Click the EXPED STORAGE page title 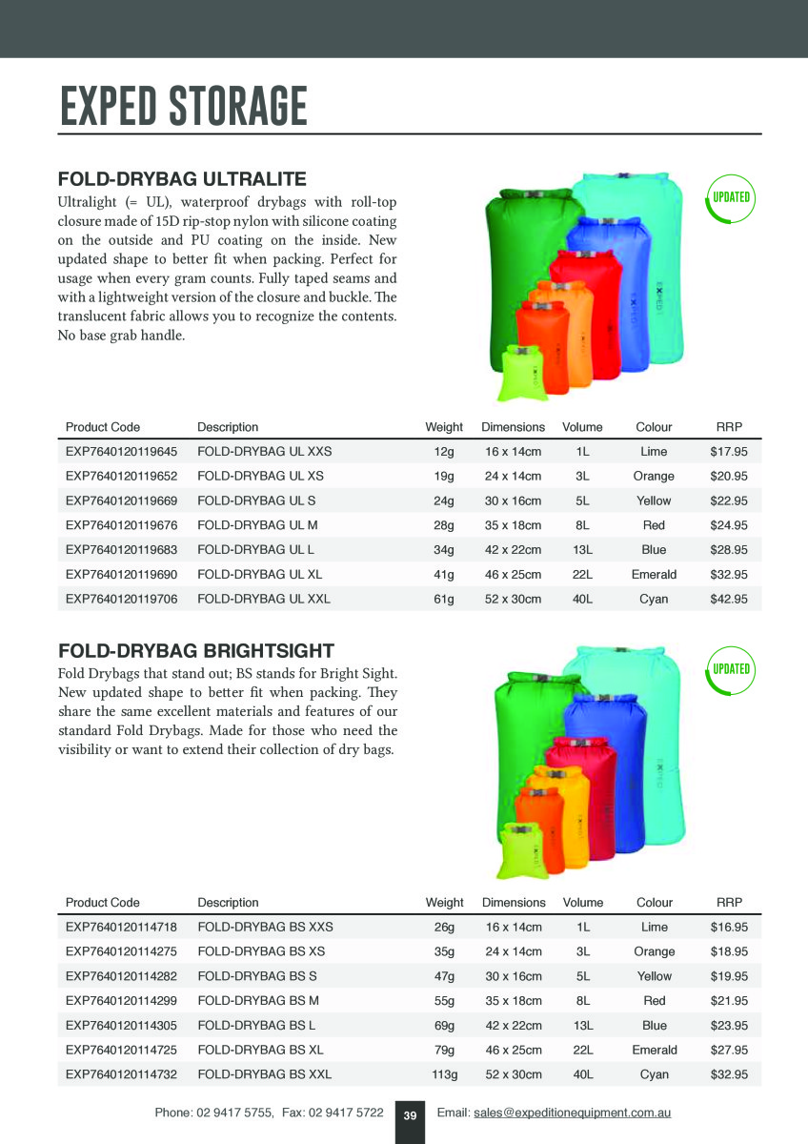point(184,106)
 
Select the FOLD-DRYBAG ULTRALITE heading point(182,179)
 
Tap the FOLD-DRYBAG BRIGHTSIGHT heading point(196,651)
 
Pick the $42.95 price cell point(729,600)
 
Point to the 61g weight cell point(444,600)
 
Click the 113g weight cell point(445,1074)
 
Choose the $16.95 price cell point(729,927)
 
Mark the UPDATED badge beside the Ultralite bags point(731,198)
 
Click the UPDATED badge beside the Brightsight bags point(731,668)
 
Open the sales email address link point(572,1113)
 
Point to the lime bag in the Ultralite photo point(520,372)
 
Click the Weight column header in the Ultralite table point(444,427)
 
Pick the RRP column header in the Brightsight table point(729,902)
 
